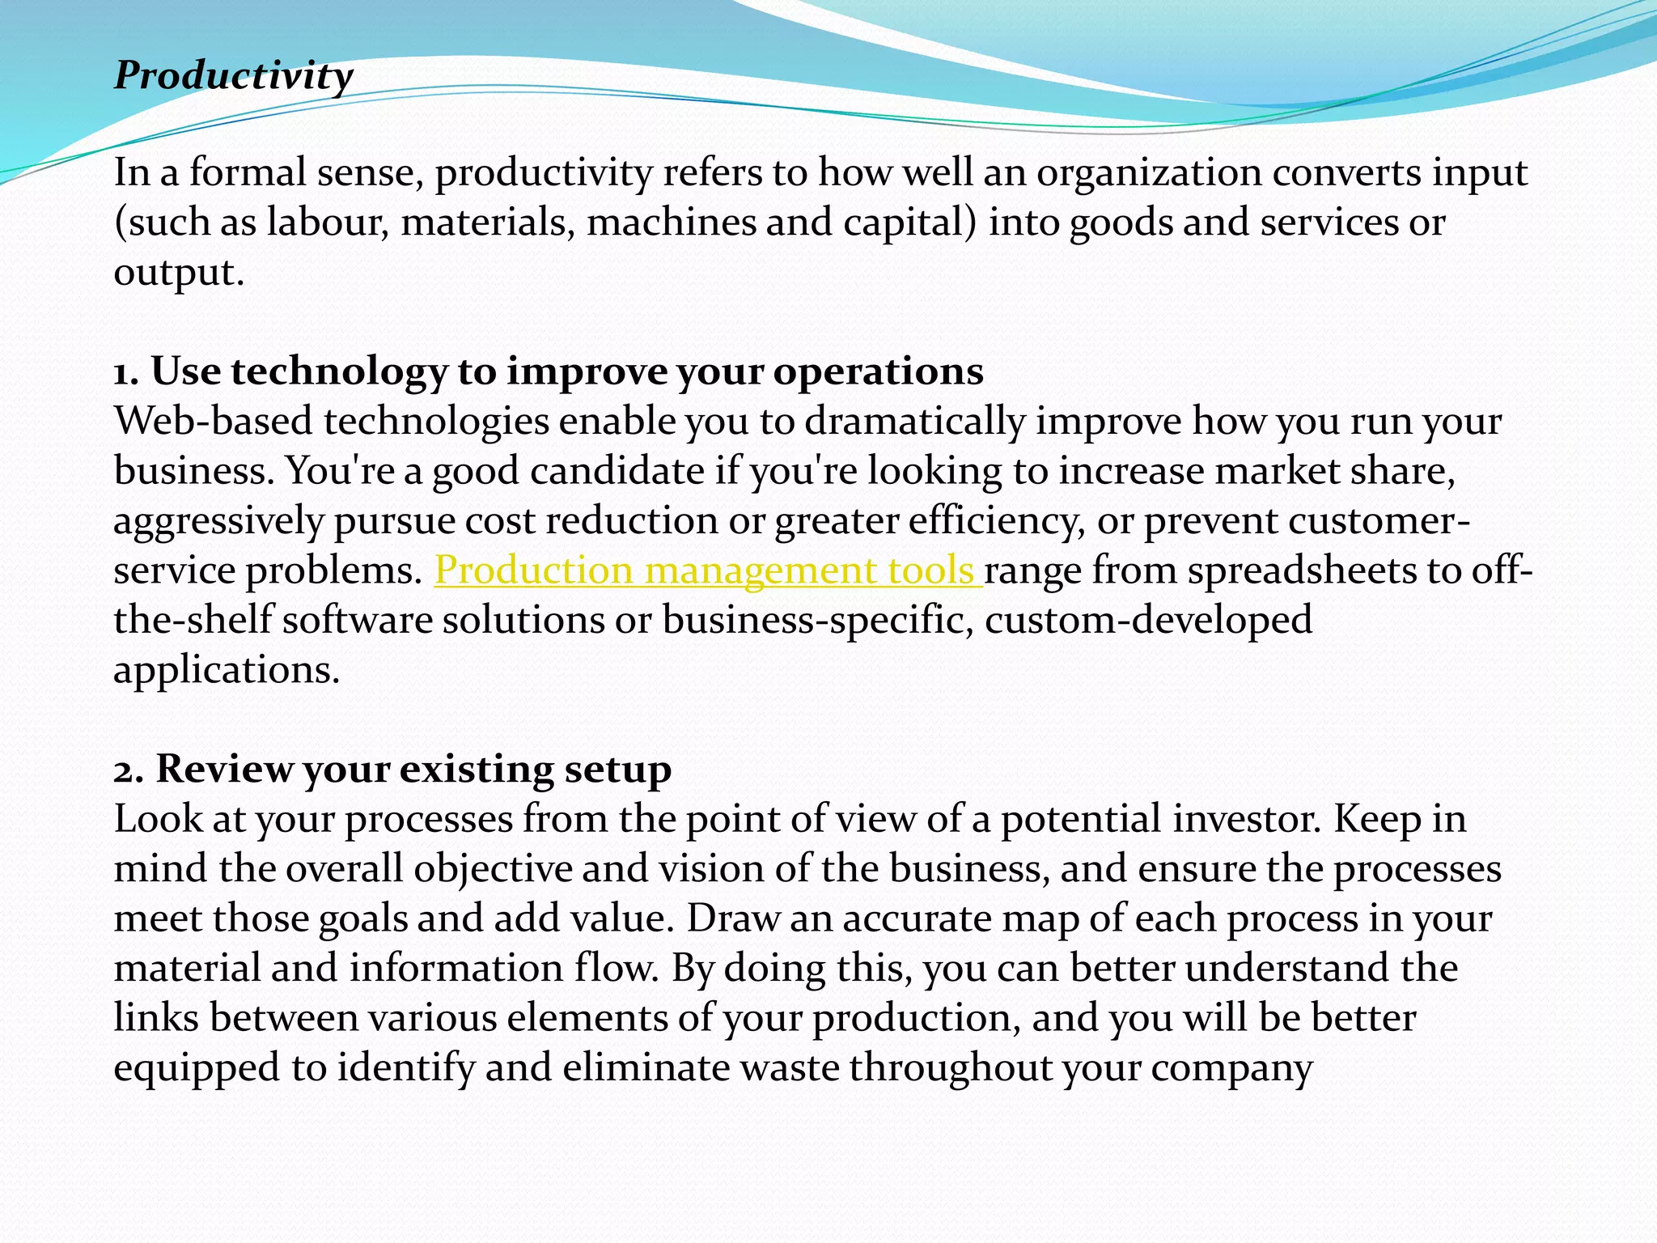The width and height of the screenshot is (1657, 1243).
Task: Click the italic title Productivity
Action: [233, 77]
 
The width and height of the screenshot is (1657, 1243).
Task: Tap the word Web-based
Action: [213, 422]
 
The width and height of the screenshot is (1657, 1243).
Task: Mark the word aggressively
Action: [218, 521]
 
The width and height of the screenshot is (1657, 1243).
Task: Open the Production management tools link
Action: [707, 571]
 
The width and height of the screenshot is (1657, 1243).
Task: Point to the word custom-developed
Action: [1148, 621]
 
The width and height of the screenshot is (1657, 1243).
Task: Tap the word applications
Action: [227, 670]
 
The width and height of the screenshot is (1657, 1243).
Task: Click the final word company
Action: [1231, 1067]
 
